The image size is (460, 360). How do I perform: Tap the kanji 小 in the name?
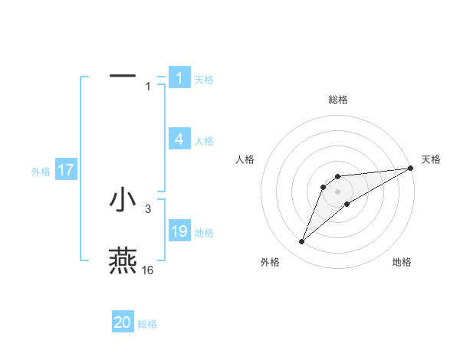point(123,198)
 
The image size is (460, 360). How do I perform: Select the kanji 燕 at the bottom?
point(123,260)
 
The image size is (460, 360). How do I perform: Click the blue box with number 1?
point(179,77)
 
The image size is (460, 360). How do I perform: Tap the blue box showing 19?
point(179,231)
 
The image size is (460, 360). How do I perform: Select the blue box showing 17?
point(66,170)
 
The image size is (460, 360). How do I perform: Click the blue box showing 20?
point(123,322)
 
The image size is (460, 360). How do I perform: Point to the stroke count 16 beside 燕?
point(148,270)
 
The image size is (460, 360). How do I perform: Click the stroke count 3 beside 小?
point(148,208)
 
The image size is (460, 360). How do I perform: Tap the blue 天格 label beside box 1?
point(204,79)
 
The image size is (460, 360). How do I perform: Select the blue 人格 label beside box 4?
point(204,140)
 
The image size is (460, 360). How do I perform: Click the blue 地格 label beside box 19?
point(204,232)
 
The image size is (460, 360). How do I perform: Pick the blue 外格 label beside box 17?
point(41,172)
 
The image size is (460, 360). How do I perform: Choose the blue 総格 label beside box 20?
point(147,324)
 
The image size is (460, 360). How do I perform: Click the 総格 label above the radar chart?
point(337,100)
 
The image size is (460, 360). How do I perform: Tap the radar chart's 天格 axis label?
point(431,159)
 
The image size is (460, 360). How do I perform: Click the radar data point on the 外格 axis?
point(302,242)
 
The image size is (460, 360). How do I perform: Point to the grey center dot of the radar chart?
point(337,191)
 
